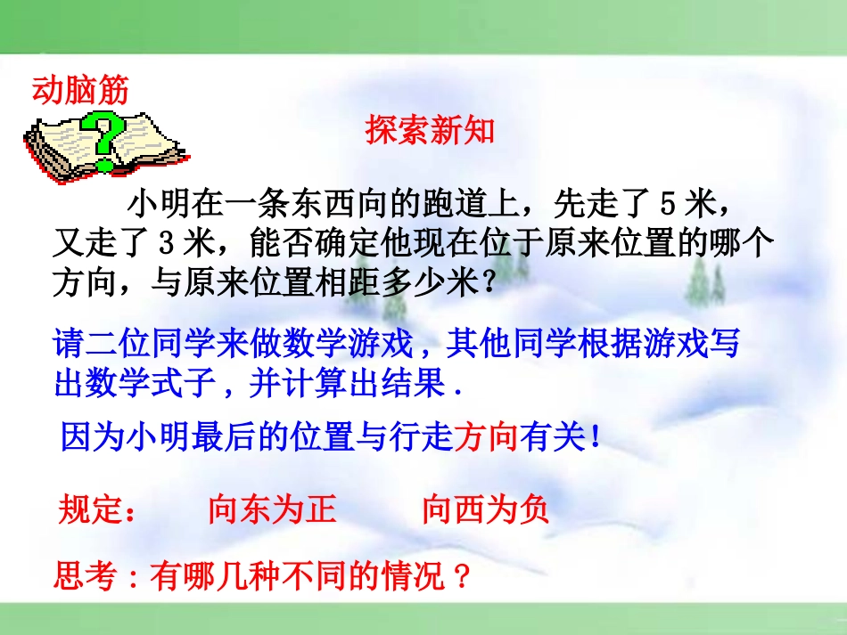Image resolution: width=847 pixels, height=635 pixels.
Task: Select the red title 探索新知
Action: (x=430, y=131)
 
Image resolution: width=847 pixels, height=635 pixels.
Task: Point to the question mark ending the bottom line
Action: (x=461, y=577)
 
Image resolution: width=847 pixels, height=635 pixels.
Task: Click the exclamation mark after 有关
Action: (x=594, y=437)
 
